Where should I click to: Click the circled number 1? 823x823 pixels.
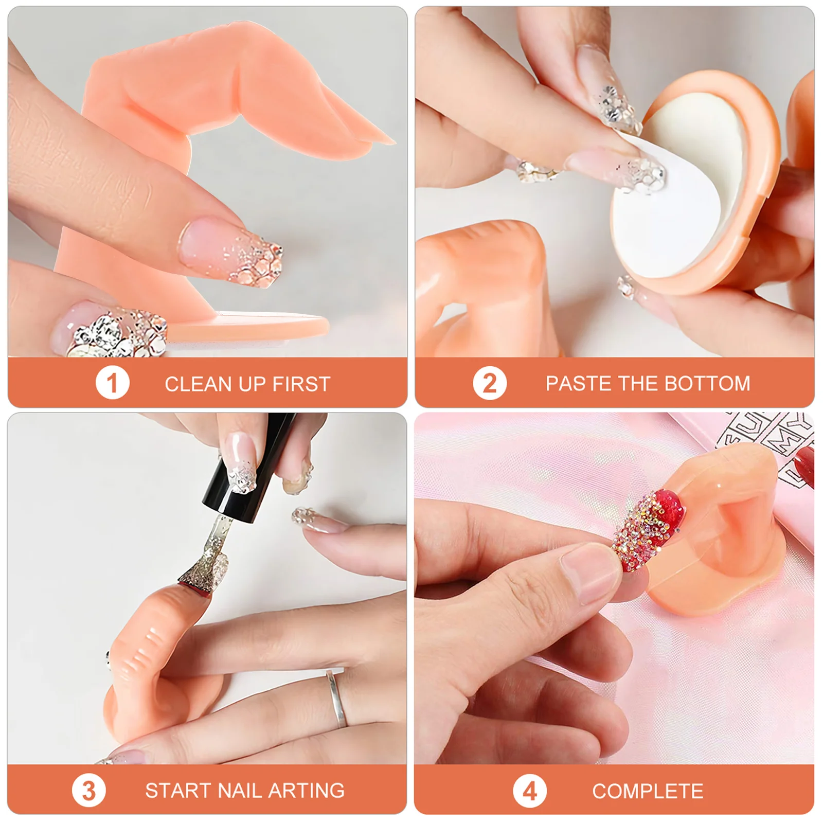[x=112, y=383]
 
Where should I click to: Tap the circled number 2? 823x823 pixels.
[x=489, y=383]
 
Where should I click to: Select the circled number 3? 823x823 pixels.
[x=88, y=791]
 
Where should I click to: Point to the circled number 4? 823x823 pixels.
[x=530, y=791]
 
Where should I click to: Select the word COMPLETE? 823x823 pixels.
[x=648, y=791]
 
